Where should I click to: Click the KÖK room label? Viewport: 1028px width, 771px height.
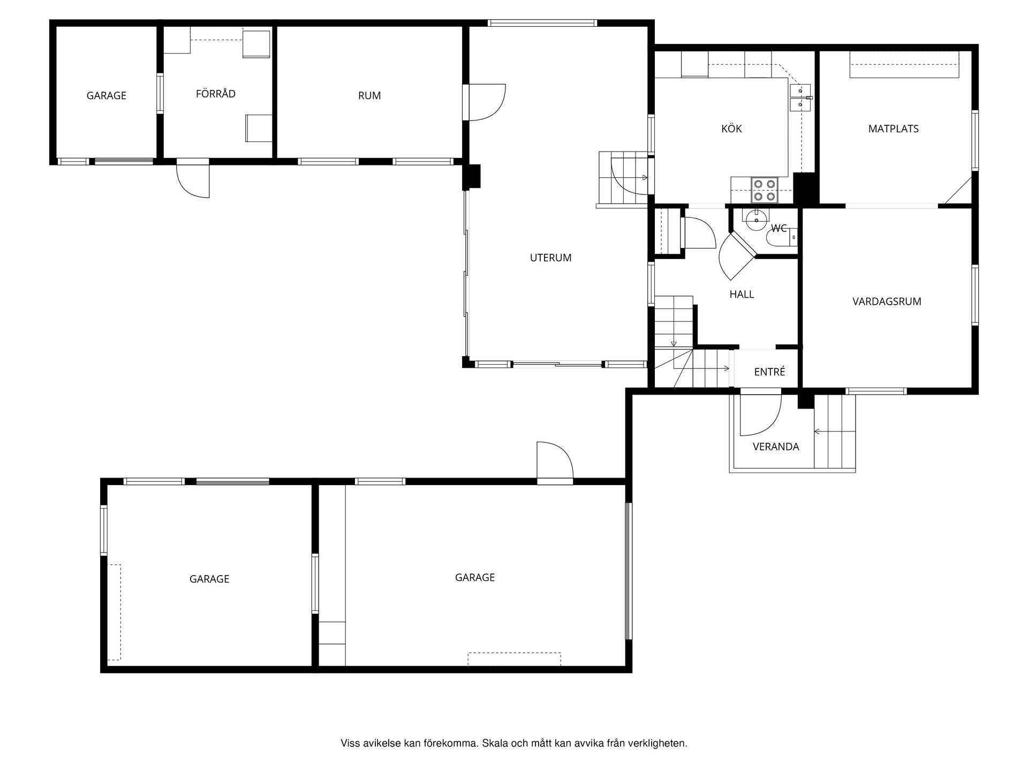point(731,128)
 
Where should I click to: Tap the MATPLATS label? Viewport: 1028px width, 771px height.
point(893,128)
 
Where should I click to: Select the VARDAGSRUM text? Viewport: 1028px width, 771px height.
point(887,301)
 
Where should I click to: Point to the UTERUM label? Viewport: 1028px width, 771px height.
point(550,258)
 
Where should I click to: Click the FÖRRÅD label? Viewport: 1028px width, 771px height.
point(215,94)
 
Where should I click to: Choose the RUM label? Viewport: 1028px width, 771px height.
point(369,96)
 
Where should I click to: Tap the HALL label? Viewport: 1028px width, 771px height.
point(742,294)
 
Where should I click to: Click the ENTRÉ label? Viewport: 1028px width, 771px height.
point(769,372)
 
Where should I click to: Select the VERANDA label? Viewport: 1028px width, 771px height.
point(776,447)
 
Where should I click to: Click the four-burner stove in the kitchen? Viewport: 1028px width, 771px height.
point(764,190)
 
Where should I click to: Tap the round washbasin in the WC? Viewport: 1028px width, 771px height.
point(755,220)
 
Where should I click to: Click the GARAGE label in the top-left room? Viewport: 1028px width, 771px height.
point(107,96)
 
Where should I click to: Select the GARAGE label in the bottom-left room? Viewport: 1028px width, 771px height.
point(209,579)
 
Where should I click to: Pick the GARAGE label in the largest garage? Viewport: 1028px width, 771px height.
point(475,577)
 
